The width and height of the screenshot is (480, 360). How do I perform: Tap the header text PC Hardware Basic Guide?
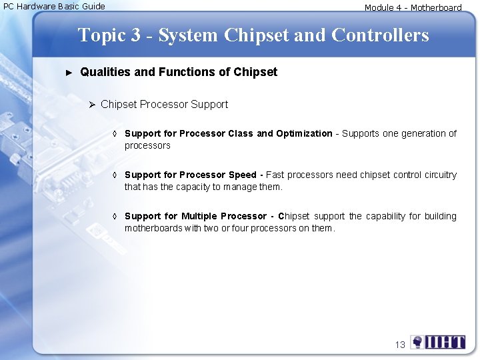(x=55, y=7)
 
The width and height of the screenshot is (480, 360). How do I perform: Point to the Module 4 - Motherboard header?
(x=413, y=8)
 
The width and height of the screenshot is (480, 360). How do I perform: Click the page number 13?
(x=400, y=345)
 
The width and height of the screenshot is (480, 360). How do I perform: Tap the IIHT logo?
(x=438, y=343)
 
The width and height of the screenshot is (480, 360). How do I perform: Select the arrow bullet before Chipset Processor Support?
(x=93, y=105)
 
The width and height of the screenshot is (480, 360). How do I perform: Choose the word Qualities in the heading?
(x=105, y=72)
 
